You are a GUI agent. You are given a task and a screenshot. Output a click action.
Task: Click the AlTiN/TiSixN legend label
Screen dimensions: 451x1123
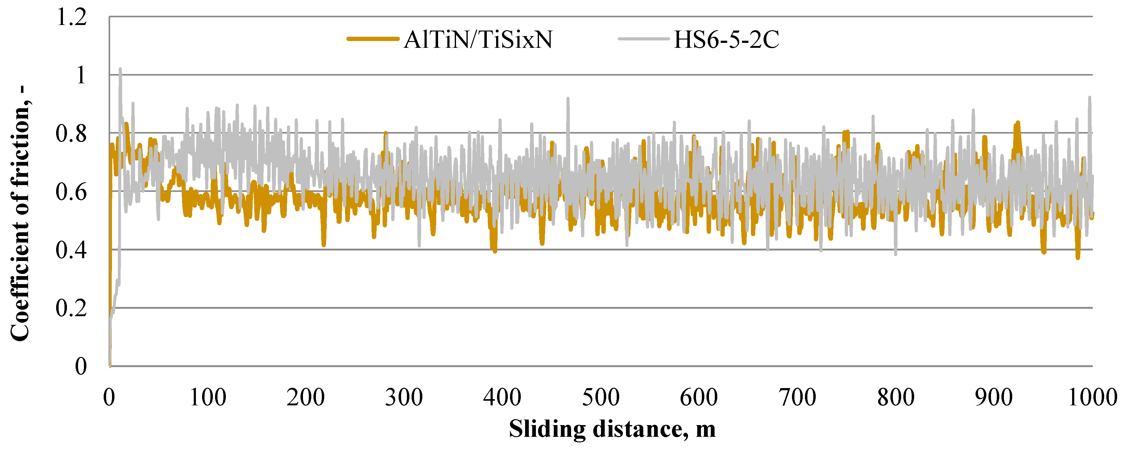click(x=478, y=40)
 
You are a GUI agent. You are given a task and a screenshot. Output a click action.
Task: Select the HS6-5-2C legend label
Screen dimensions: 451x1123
click(x=726, y=40)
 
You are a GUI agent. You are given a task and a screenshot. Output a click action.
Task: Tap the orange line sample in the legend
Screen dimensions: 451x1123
click(x=373, y=39)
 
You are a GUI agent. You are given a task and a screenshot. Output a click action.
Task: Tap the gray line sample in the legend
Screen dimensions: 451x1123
click(x=644, y=39)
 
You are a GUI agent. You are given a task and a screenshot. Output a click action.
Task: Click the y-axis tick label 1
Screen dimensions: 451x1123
click(x=81, y=75)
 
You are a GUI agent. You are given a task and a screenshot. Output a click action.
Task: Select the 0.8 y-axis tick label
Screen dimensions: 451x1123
click(x=72, y=134)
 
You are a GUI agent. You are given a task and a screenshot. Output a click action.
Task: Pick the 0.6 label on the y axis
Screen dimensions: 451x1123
click(x=72, y=192)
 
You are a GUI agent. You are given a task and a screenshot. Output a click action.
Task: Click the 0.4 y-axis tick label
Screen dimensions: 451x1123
click(x=72, y=250)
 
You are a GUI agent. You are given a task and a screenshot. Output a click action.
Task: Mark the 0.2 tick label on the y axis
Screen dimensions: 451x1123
click(x=72, y=308)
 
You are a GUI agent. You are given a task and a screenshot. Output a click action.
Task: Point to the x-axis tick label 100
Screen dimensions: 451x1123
click(x=208, y=397)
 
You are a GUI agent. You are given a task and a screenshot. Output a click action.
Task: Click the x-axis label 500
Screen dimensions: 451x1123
click(x=601, y=397)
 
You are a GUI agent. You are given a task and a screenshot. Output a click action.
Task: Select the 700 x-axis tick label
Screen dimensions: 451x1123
click(x=797, y=397)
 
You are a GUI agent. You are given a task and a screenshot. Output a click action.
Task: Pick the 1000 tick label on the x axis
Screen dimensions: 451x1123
click(x=1092, y=397)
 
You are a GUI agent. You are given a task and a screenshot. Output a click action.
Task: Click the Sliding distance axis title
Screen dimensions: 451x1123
click(x=612, y=429)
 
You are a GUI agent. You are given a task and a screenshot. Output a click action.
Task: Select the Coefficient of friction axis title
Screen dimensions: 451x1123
click(x=20, y=213)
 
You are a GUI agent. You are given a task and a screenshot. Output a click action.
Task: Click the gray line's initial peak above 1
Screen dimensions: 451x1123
click(x=120, y=70)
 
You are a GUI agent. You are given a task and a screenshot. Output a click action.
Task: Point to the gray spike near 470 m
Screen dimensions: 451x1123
click(x=568, y=99)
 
